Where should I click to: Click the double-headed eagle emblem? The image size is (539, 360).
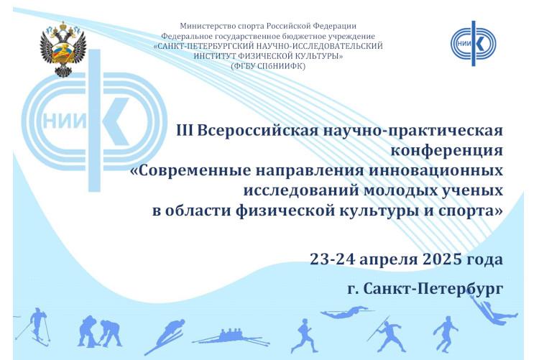click(63, 49)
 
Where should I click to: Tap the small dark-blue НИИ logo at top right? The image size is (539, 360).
click(474, 43)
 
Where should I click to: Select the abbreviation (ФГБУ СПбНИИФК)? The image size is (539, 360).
click(268, 66)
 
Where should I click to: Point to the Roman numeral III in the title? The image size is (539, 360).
click(185, 130)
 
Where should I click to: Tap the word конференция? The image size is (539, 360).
click(446, 152)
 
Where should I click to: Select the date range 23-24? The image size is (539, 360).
click(333, 259)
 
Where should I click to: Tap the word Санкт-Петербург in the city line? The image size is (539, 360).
click(433, 289)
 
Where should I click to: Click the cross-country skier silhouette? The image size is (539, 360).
click(34, 326)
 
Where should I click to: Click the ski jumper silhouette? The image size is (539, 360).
click(165, 336)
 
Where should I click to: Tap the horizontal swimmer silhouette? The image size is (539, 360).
click(346, 312)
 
